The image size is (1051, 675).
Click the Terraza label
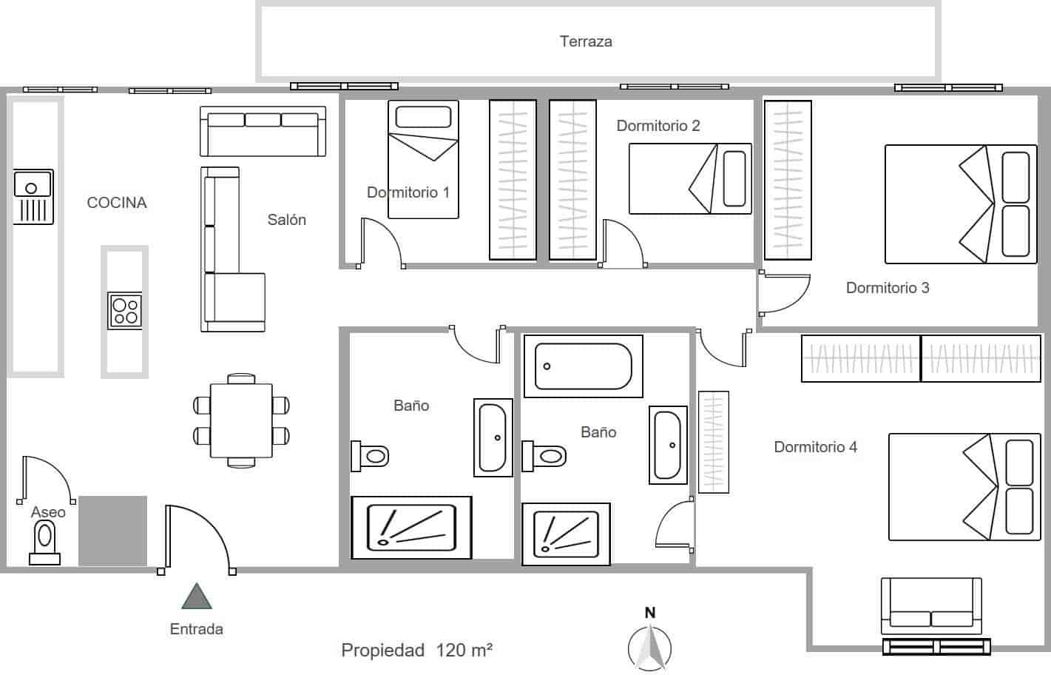tap(585, 41)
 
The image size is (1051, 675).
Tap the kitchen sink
tap(33, 196)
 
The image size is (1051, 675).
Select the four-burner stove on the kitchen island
tap(124, 310)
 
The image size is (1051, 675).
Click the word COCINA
tap(117, 203)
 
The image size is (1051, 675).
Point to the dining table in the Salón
tap(241, 420)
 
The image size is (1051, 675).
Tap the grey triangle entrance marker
tap(197, 597)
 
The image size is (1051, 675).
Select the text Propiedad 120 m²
tap(416, 651)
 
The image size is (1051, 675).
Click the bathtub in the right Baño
tap(583, 366)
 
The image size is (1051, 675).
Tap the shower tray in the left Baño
tap(411, 527)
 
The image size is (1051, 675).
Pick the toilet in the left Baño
tap(370, 455)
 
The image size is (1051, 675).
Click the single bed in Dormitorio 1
tap(423, 159)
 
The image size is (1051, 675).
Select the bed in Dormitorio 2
tap(689, 178)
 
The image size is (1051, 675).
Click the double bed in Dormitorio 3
tap(960, 204)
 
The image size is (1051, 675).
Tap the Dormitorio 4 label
tap(815, 447)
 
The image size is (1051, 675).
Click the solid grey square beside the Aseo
tap(112, 531)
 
